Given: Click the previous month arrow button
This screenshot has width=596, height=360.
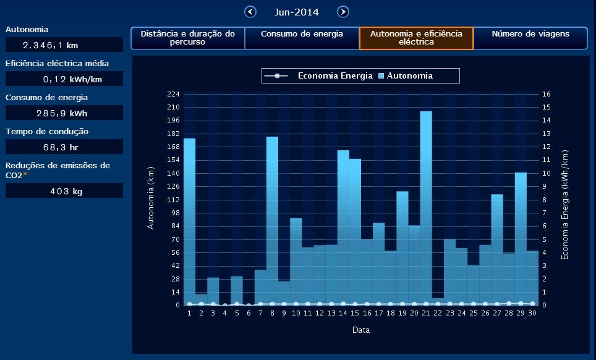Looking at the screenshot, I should [x=250, y=12].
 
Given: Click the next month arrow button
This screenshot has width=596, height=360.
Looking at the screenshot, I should [x=343, y=12].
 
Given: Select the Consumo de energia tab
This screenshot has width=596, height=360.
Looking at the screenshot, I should [x=302, y=38].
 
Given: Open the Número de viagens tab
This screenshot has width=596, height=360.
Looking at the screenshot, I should [x=530, y=38].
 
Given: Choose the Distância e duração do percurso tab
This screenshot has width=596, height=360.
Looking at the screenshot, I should [x=188, y=38].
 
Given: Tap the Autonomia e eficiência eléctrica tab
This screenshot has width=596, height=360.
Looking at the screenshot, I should [x=416, y=38].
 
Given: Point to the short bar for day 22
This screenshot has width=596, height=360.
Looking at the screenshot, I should [x=438, y=301].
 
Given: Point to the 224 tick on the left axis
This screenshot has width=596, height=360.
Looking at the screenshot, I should [x=173, y=94].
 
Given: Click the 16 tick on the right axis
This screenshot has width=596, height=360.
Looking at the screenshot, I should [x=547, y=94].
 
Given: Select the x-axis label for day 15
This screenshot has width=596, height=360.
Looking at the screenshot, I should [x=355, y=314].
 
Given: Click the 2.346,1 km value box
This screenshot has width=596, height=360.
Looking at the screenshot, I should [x=64, y=45].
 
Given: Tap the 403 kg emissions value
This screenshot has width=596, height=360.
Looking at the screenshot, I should [x=64, y=191].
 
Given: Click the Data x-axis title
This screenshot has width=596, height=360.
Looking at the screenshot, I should [x=361, y=330].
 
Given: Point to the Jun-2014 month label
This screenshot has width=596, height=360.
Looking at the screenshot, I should [x=296, y=12].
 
